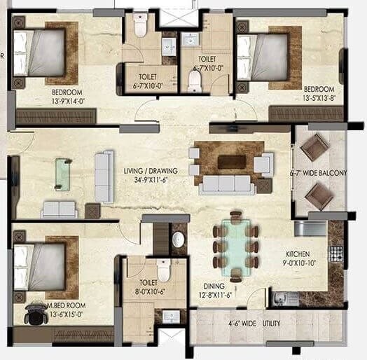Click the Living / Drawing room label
(151, 170)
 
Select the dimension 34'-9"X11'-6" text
(151, 179)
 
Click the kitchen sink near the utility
(280, 299)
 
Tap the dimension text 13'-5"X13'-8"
(319, 98)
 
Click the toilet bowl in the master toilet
(164, 270)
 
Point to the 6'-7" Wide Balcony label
(319, 173)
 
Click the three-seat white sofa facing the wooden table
(225, 184)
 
